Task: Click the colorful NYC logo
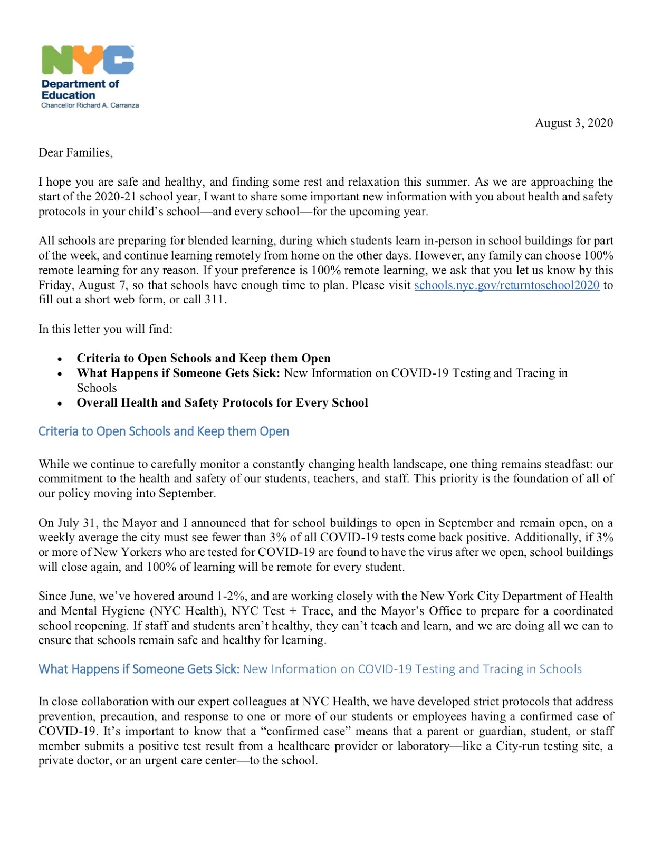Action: pos(88,60)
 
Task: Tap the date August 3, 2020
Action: pos(573,123)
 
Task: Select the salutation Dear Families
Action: pos(75,152)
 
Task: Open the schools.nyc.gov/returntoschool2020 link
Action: pos(506,285)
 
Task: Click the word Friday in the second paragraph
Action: pos(55,285)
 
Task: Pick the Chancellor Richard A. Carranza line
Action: pos(90,105)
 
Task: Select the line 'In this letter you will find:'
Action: pos(105,329)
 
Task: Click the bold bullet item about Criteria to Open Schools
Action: pos(203,358)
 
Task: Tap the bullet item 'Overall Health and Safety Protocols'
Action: pos(222,403)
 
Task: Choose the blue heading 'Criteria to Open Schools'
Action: pos(164,431)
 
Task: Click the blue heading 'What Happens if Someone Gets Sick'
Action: pos(139,669)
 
